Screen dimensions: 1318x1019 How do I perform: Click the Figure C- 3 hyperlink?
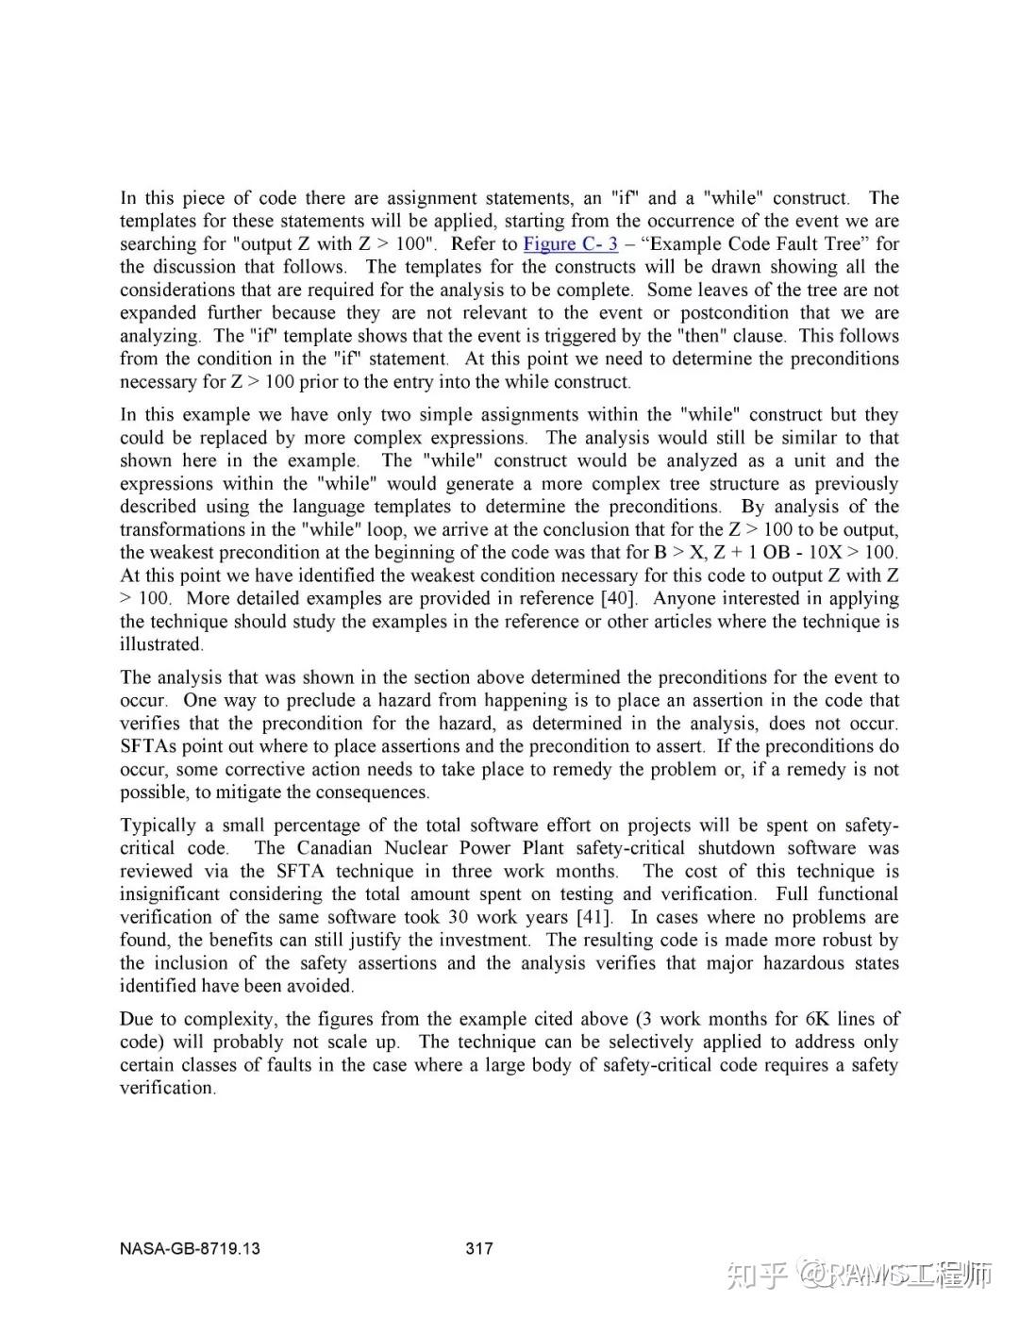click(571, 244)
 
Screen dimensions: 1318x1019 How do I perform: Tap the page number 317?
click(479, 1249)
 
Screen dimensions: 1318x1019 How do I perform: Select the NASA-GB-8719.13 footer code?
click(190, 1249)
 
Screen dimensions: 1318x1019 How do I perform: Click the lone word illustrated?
click(161, 645)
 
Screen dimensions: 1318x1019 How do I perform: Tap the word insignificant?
click(173, 894)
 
